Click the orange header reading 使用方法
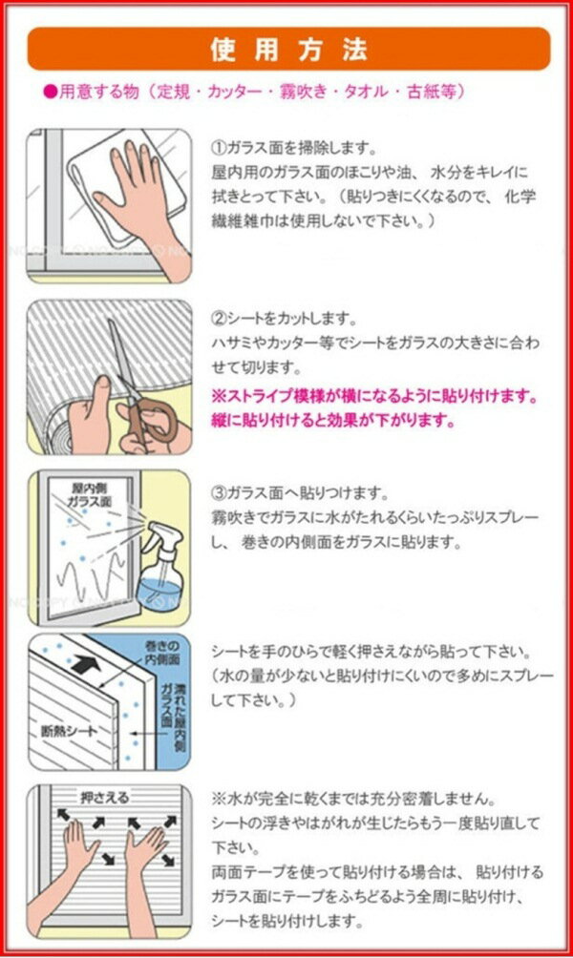pyautogui.click(x=288, y=49)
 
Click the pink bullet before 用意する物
pyautogui.click(x=51, y=93)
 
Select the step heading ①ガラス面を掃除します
pyautogui.click(x=293, y=148)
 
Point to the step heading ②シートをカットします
pyautogui.click(x=283, y=319)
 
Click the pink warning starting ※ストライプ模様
pyautogui.click(x=375, y=408)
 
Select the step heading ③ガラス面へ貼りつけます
pyautogui.click(x=300, y=491)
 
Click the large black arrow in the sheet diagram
pyautogui.click(x=86, y=664)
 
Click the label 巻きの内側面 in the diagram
pyautogui.click(x=162, y=653)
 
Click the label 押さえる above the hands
pyautogui.click(x=104, y=798)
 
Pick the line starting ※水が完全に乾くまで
pyautogui.click(x=352, y=799)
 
